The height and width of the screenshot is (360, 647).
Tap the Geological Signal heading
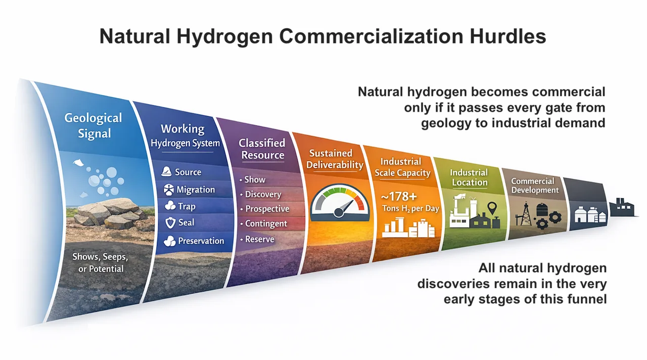93,125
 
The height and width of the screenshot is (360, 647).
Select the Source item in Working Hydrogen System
188,172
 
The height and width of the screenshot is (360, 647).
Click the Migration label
196,190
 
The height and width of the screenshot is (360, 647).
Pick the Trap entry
187,206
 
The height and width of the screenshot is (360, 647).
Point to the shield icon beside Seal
170,223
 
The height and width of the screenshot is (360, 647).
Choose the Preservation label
201,241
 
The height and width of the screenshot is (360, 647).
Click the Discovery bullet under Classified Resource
263,195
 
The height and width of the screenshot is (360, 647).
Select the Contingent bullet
266,223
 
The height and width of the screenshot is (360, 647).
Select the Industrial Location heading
469,177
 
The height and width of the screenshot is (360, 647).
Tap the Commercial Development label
535,186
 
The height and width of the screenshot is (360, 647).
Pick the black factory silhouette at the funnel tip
623,207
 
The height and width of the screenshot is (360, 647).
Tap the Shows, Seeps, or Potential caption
100,262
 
